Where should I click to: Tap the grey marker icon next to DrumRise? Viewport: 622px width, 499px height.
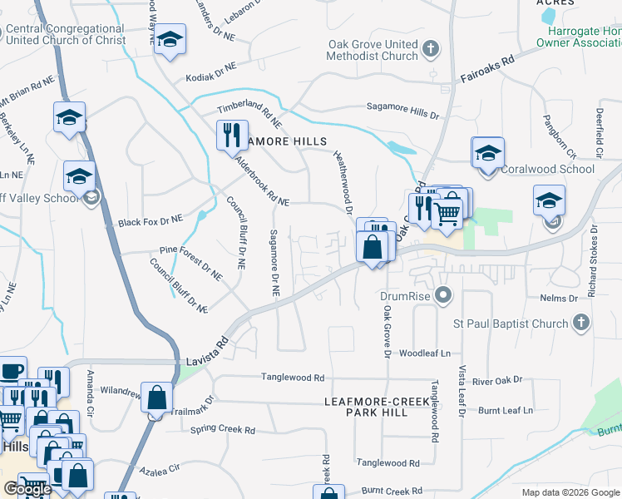pos(444,295)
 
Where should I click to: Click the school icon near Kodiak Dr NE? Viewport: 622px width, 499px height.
pos(170,39)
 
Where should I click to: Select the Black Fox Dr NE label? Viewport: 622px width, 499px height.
pos(150,221)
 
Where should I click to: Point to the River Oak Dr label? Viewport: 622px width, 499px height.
pos(496,380)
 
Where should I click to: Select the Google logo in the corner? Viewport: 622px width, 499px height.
pos(27,489)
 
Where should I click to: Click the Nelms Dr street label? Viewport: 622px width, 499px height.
pos(559,298)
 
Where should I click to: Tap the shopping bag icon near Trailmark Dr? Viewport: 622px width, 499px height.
pos(156,398)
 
